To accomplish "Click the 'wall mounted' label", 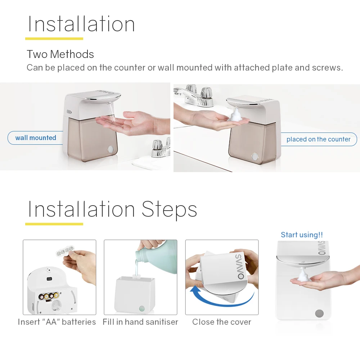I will (36, 138).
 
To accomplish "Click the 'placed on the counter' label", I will (318, 139).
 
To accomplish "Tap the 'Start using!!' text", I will (302, 235).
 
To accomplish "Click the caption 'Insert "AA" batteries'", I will (57, 322).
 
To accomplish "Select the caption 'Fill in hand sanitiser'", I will (140, 322).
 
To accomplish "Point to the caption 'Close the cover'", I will (222, 322).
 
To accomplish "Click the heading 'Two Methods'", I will (60, 54).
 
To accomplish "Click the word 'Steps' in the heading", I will (169, 209).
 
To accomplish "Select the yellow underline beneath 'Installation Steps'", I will (54, 224).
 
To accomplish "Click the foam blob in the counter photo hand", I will (236, 116).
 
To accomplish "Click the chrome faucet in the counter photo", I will (196, 95).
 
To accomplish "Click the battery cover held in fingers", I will (66, 253).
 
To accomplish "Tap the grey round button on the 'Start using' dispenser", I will (319, 313).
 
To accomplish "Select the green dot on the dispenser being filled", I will (141, 309).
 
